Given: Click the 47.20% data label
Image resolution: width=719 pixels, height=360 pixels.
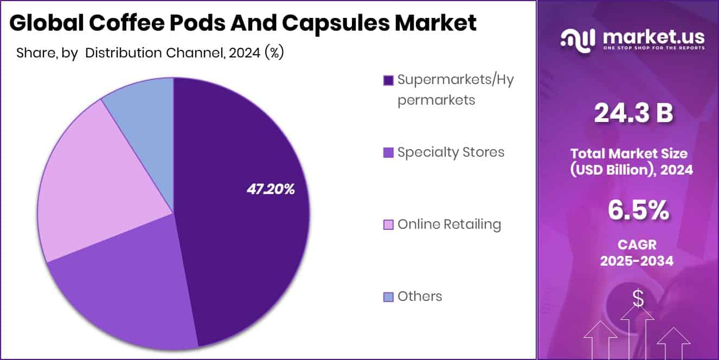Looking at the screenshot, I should [271, 189].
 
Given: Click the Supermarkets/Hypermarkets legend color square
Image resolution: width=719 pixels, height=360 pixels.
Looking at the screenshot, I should [388, 80].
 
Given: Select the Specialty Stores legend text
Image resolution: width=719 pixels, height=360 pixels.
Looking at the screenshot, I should [451, 152].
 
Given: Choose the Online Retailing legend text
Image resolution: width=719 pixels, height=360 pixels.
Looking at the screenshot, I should [449, 224].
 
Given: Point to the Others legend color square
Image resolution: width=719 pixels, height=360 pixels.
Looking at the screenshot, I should [388, 297].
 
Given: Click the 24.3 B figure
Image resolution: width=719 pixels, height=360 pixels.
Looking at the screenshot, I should [633, 113].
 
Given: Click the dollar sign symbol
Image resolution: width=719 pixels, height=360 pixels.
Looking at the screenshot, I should [638, 298].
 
